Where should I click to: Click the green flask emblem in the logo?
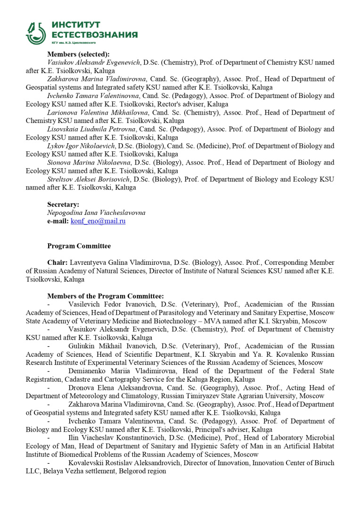[36, 33]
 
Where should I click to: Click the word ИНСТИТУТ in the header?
[76, 25]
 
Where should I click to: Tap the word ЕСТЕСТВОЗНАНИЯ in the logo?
[94, 35]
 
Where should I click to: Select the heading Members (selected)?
[78, 54]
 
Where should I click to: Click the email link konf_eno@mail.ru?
[98, 221]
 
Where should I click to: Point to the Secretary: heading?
[63, 205]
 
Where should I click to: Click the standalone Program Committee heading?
[79, 246]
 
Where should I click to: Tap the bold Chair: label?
[57, 263]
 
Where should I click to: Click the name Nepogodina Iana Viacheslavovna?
[96, 213]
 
